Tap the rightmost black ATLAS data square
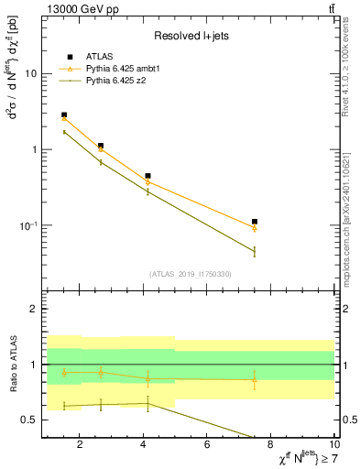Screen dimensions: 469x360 (x=255, y=222)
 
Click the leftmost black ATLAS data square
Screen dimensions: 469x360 (x=64, y=115)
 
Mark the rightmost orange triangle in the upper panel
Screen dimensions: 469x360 (x=255, y=228)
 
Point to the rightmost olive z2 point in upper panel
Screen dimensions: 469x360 (x=255, y=251)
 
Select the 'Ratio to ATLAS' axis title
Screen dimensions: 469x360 (x=12, y=365)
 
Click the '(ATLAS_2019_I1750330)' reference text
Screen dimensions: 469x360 (x=191, y=274)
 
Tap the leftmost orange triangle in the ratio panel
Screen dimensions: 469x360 (x=64, y=372)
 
